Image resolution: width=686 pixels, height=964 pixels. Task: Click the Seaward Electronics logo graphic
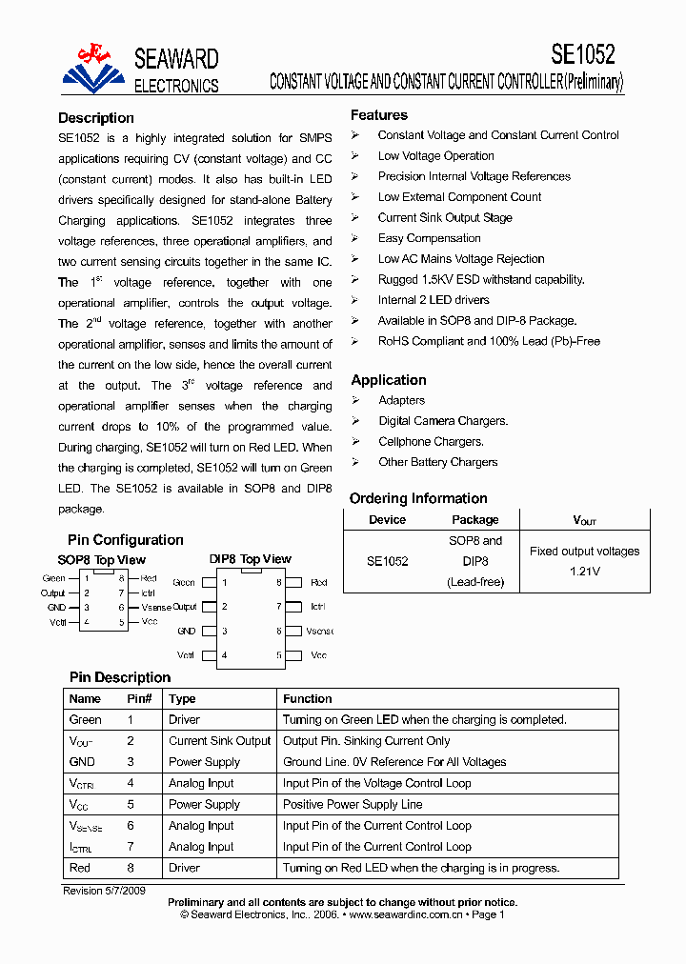pos(93,70)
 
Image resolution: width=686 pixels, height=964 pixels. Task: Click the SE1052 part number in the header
pos(582,53)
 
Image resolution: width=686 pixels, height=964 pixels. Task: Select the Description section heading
pos(96,118)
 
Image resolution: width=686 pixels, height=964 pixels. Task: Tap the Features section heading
pos(378,115)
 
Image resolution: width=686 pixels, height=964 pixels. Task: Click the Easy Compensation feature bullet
pos(429,238)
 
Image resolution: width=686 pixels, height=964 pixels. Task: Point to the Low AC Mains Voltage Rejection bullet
pos(461,259)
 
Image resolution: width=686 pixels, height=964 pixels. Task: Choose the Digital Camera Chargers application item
pos(443,421)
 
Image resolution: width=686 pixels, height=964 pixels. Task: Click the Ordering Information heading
pos(418,498)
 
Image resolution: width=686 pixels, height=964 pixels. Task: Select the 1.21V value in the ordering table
pos(584,571)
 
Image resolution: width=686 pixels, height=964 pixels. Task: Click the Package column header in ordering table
pos(474,520)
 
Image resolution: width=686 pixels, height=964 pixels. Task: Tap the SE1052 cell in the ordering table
pos(387,561)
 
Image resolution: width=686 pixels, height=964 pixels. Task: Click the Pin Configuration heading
pos(126,540)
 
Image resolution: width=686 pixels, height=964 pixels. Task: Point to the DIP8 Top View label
pos(251,559)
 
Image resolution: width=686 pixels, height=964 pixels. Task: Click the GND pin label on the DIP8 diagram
pos(186,631)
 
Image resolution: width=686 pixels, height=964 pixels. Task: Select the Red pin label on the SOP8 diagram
pos(149,578)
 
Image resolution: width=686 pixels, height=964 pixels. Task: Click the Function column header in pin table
pos(307,698)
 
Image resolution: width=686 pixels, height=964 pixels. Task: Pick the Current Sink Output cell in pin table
pos(220,741)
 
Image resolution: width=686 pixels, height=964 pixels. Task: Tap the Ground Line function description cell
pos(394,762)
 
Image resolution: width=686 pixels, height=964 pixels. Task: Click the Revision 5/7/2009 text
pos(104,891)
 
